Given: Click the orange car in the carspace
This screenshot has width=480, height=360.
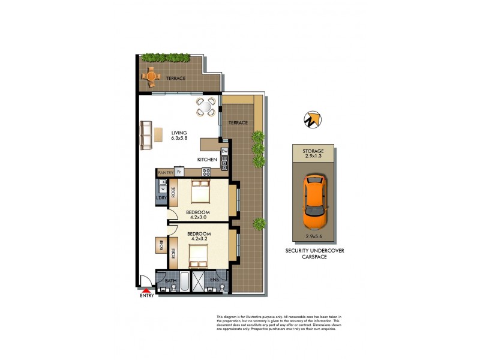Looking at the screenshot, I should [x=314, y=202].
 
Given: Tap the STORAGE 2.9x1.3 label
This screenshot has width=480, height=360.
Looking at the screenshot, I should [x=313, y=154].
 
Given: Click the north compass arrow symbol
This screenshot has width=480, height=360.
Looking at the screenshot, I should [x=310, y=119].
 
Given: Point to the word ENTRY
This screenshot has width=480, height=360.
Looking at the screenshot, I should [x=146, y=296].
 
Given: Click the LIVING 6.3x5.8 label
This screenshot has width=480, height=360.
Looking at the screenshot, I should [x=179, y=136].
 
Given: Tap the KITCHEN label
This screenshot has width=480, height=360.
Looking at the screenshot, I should [x=207, y=160].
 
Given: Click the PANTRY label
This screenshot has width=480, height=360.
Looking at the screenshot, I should [x=165, y=173].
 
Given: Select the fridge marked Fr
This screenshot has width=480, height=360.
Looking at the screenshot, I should [x=178, y=172].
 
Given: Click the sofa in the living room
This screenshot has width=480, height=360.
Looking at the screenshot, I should [x=146, y=136].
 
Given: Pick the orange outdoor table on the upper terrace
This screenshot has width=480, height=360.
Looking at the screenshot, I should [x=151, y=76].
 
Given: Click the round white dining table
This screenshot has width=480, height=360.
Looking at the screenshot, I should [x=205, y=107].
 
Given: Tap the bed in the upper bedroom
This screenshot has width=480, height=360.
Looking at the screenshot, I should [x=200, y=193].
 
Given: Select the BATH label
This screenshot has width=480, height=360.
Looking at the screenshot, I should [x=171, y=280].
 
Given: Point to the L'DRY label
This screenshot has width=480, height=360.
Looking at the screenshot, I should [x=161, y=198].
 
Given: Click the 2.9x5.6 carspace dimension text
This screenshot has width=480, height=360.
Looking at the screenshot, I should [x=313, y=236].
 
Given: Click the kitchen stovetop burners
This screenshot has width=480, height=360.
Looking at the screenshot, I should [x=206, y=172].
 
